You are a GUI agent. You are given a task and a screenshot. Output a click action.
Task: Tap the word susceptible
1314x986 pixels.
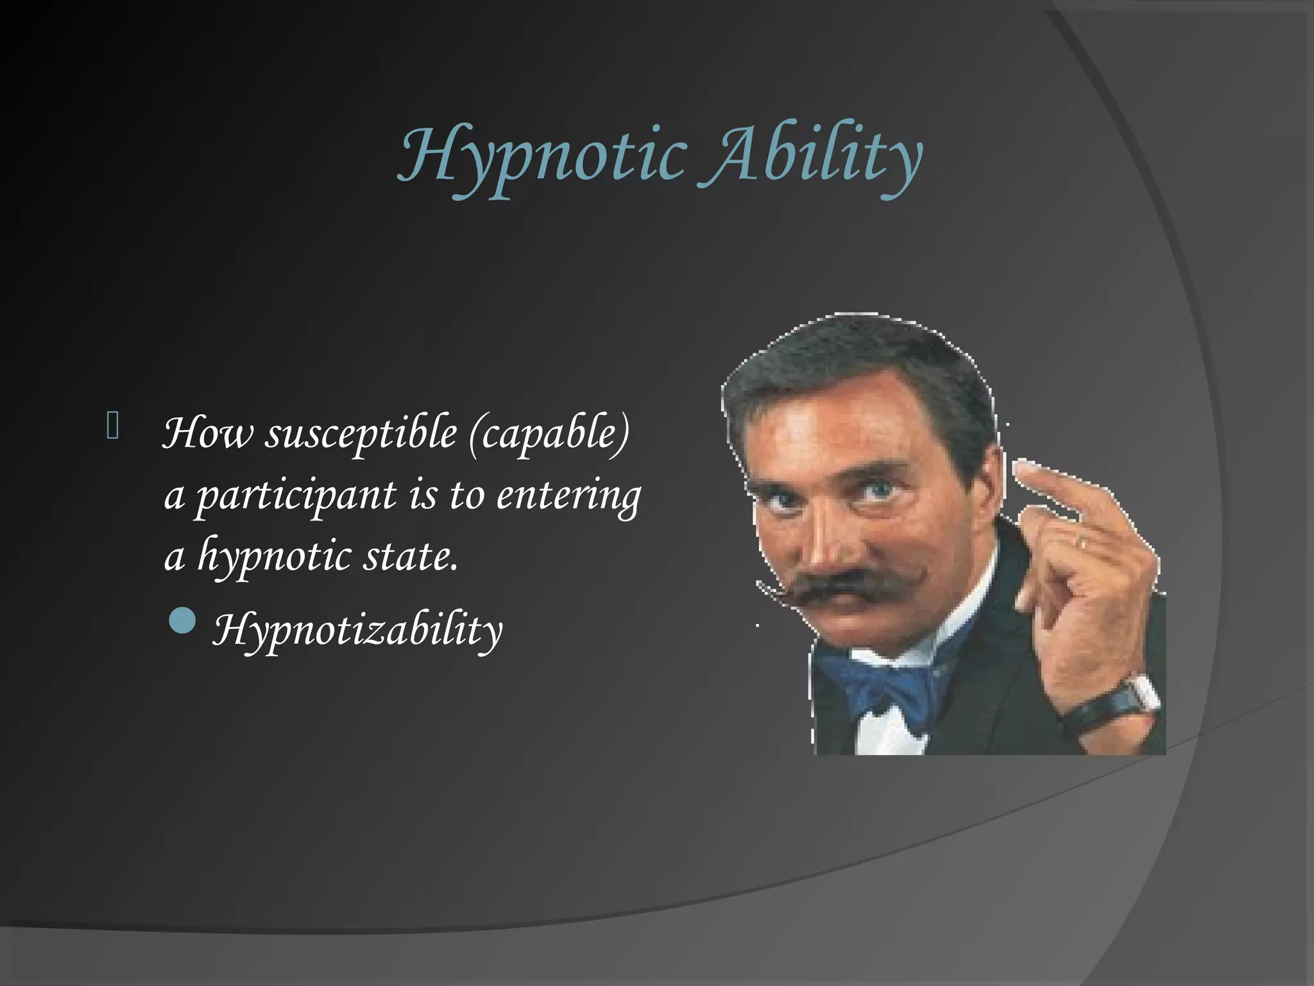click(x=361, y=435)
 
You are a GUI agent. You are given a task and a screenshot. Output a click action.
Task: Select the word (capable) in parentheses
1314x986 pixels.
click(x=549, y=435)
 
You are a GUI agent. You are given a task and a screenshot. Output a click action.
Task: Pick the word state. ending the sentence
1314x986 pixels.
click(x=411, y=557)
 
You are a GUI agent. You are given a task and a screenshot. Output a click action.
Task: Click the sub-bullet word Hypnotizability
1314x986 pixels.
click(x=357, y=630)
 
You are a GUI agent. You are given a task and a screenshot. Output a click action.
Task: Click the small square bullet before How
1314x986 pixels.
click(x=112, y=426)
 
